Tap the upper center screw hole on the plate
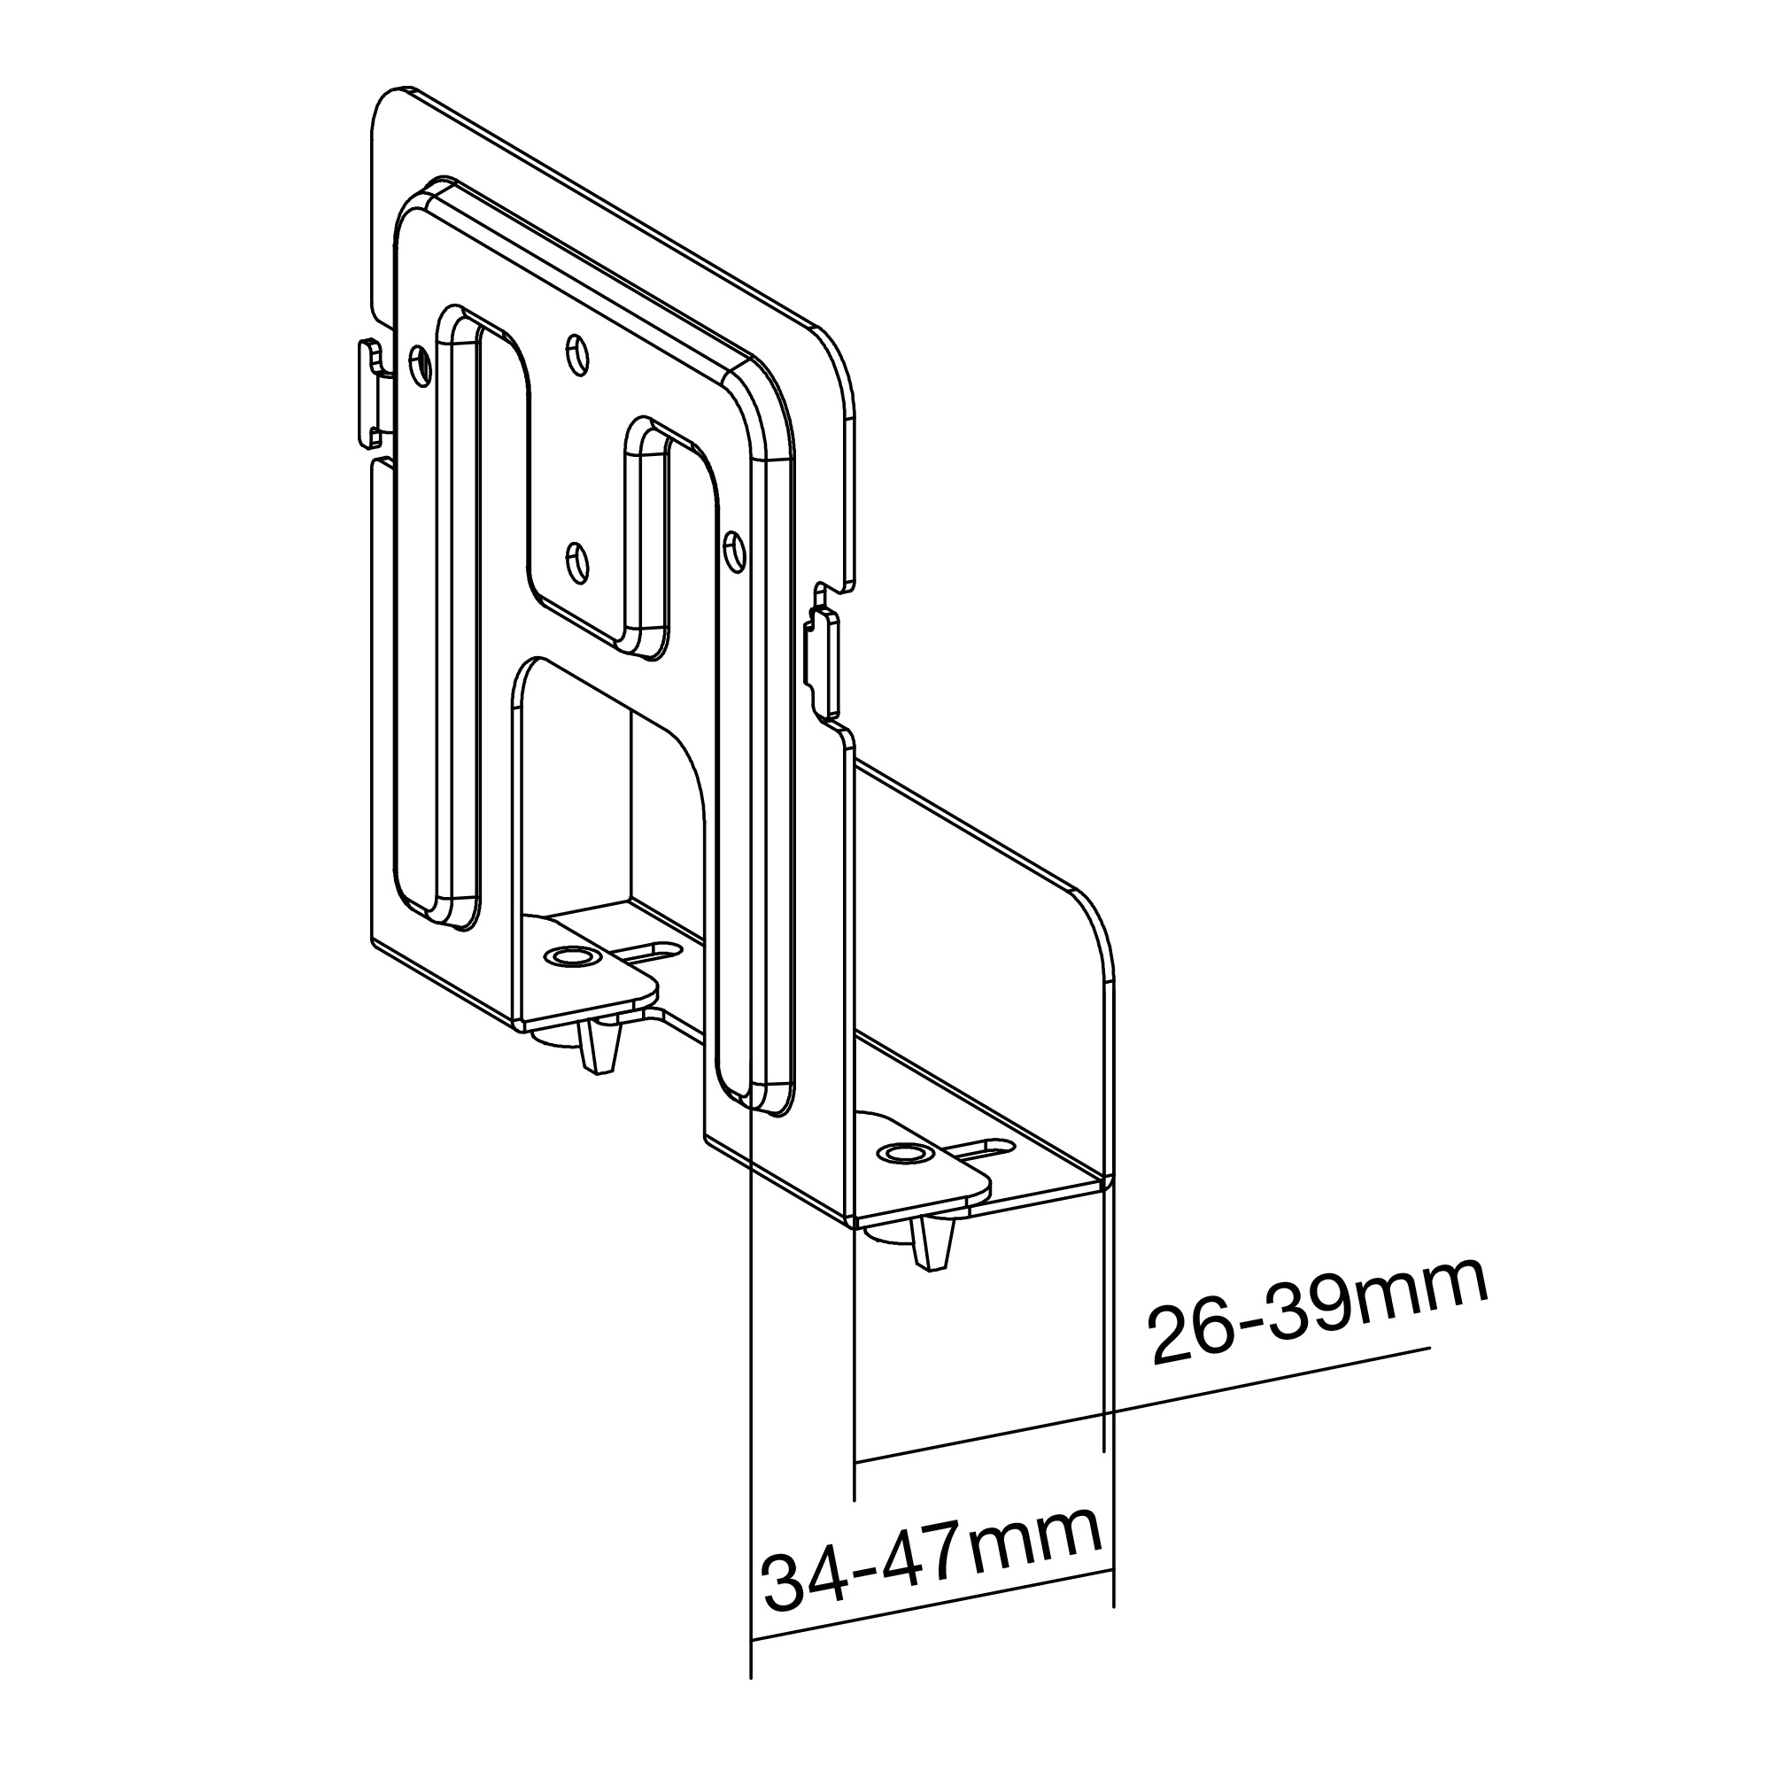[x=576, y=354]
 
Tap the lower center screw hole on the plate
[x=576, y=561]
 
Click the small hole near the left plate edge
[x=420, y=365]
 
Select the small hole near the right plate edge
[x=733, y=550]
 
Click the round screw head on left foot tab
[x=568, y=957]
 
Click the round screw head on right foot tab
[x=902, y=1153]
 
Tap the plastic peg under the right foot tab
[x=933, y=1244]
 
